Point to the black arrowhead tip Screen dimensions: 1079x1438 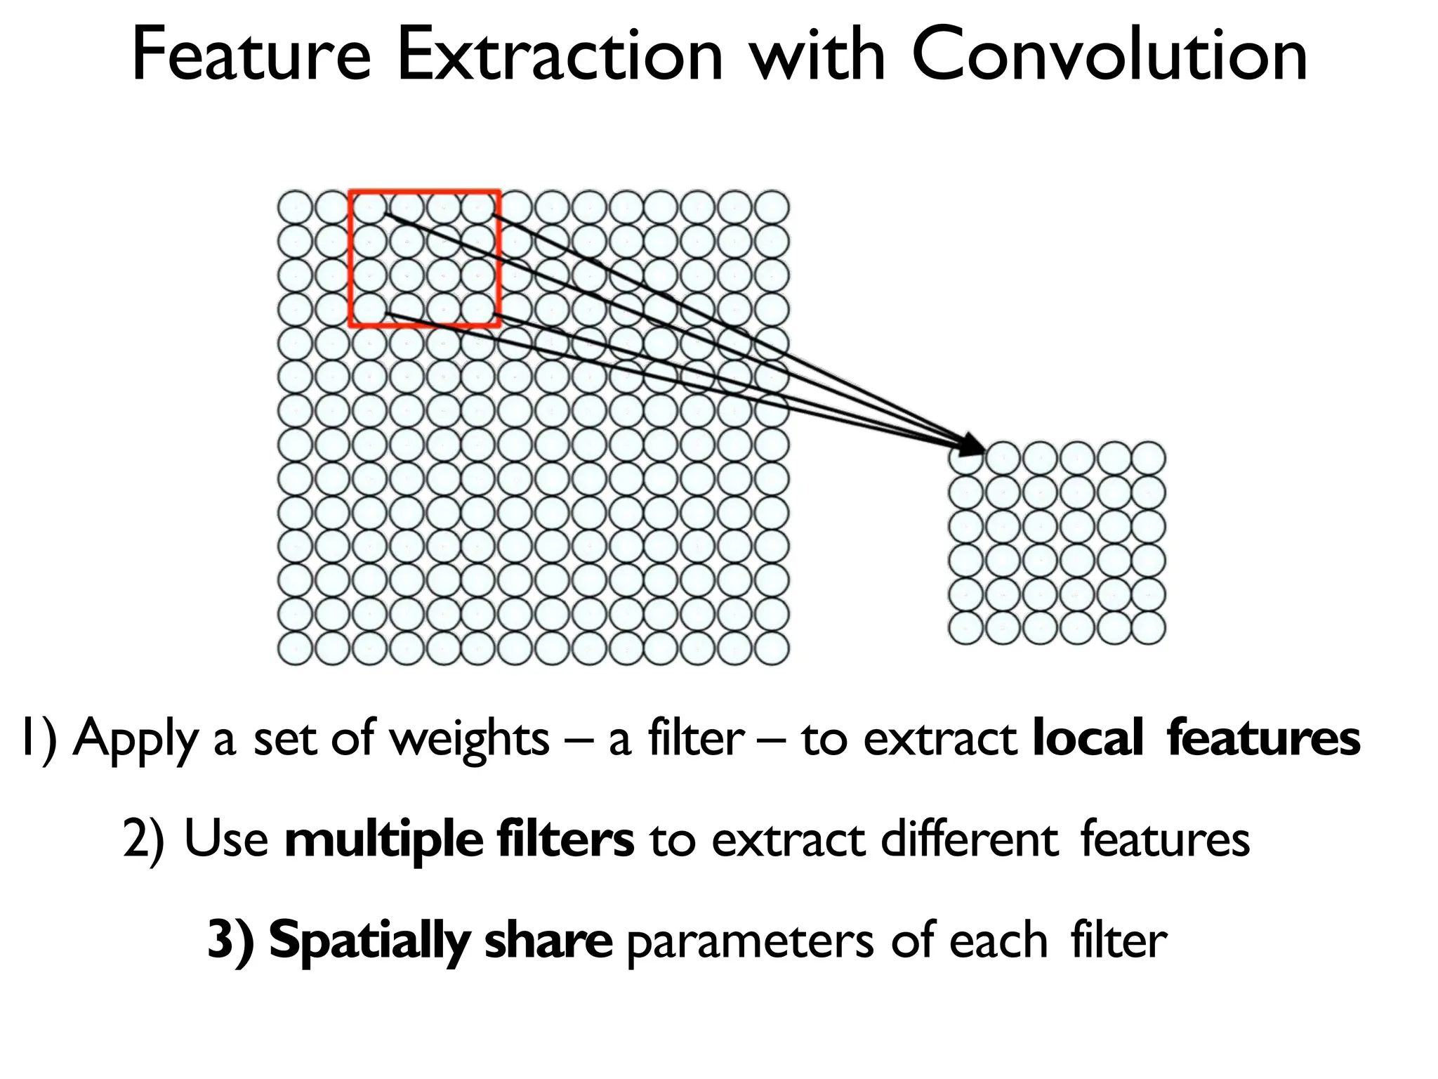click(x=983, y=450)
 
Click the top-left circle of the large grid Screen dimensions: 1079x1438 click(x=295, y=208)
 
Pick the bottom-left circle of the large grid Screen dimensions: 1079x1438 click(x=295, y=647)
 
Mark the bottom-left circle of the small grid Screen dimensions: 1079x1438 click(x=966, y=627)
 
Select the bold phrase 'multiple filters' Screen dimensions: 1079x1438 click(x=459, y=839)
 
